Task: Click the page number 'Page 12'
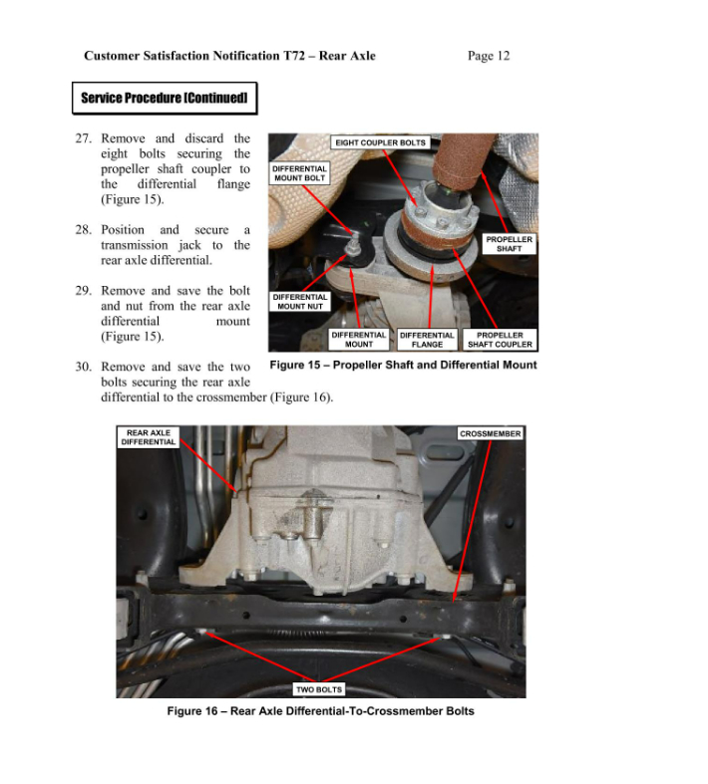click(x=488, y=56)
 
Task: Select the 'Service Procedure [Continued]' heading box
click(x=165, y=99)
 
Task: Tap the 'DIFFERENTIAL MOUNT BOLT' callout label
click(x=300, y=173)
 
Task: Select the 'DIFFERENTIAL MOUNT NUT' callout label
click(x=300, y=302)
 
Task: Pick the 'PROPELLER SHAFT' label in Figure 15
click(x=509, y=244)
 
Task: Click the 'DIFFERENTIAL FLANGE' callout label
click(x=427, y=340)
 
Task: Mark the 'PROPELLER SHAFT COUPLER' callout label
click(x=501, y=340)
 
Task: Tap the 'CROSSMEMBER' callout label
click(x=490, y=434)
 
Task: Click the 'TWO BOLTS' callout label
click(x=319, y=689)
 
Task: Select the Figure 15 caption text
click(x=403, y=365)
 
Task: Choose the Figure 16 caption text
click(x=320, y=711)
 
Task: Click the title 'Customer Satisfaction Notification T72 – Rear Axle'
click(x=229, y=56)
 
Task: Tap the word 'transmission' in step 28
click(x=138, y=245)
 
